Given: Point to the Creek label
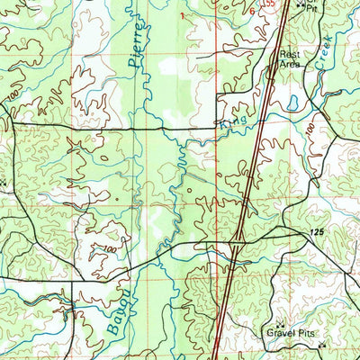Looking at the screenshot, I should tap(325, 50).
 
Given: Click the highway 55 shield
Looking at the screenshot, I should tap(266, 4).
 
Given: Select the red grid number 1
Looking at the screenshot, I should tap(181, 15).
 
